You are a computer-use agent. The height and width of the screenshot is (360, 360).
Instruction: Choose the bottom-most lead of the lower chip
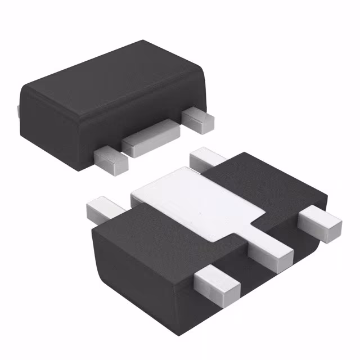pyautogui.click(x=217, y=281)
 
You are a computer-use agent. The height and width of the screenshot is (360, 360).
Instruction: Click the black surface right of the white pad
pyautogui.click(x=264, y=180)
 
